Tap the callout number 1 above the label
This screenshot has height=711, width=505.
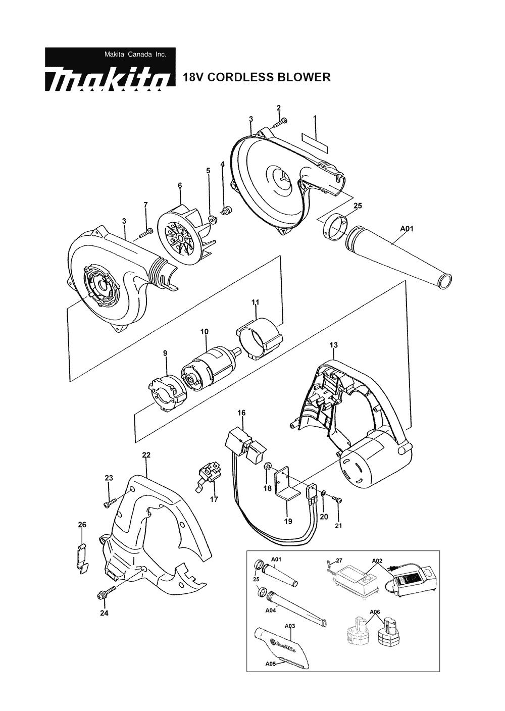(315, 118)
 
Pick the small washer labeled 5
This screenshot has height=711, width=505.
(212, 219)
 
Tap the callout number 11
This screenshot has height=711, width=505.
(256, 302)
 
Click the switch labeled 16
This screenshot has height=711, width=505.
(245, 443)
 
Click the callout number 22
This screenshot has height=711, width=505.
(146, 455)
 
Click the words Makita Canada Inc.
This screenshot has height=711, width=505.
(135, 54)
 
